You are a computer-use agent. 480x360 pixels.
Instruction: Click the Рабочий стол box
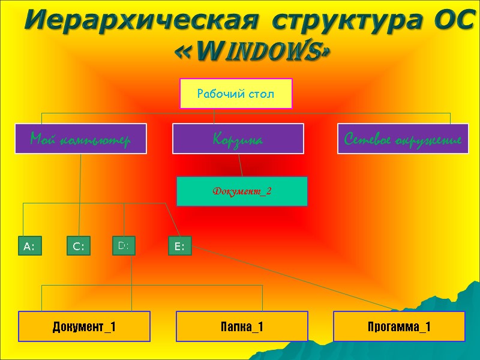(x=236, y=94)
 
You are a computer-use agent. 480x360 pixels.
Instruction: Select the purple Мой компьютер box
(x=80, y=139)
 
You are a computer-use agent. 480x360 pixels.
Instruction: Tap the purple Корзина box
(x=238, y=139)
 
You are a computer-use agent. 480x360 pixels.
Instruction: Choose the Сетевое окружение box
(x=403, y=139)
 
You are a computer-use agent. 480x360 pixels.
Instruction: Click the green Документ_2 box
(x=241, y=191)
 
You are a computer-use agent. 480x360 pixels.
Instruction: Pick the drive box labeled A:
(x=29, y=246)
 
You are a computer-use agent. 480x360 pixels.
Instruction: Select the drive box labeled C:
(x=78, y=246)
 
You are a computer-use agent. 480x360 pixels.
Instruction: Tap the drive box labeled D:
(x=124, y=245)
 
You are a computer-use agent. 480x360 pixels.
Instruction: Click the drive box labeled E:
(x=179, y=246)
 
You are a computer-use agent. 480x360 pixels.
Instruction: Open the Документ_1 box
(x=84, y=326)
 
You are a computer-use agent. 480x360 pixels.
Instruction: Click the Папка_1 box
(x=241, y=326)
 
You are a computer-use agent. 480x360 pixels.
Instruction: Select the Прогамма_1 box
(x=399, y=326)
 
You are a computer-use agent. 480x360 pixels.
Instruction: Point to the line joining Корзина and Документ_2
(x=240, y=165)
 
